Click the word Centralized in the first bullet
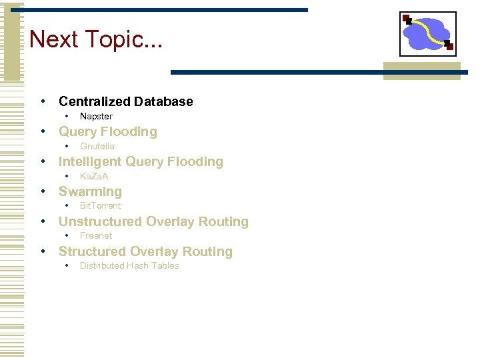tap(94, 102)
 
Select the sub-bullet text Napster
tap(96, 117)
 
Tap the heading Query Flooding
tap(108, 132)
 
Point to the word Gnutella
tap(97, 147)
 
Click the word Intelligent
tap(90, 162)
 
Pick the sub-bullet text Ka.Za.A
tap(94, 177)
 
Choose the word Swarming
tap(90, 192)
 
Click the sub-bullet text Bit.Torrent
tap(100, 206)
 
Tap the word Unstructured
tap(100, 222)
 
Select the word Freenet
tap(96, 236)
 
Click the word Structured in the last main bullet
tap(92, 252)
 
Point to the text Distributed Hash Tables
tap(129, 266)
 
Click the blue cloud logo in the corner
tap(427, 33)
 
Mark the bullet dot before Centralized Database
tap(43, 101)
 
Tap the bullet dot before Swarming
tap(43, 191)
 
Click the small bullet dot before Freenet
tap(67, 235)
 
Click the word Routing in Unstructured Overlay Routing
tap(223, 222)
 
